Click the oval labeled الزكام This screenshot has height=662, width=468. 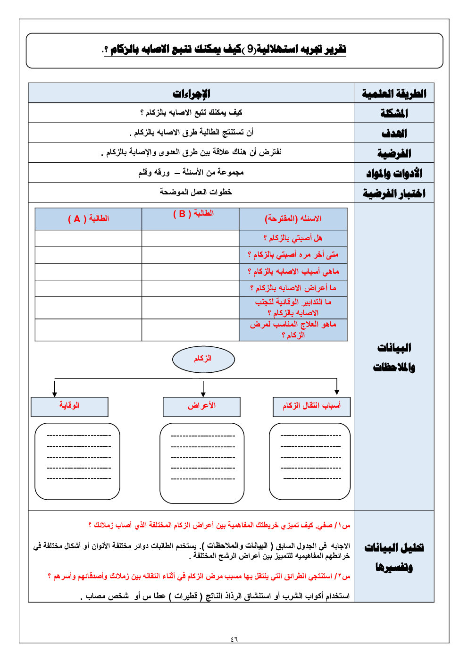coord(203,359)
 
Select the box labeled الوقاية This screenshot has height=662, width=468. coord(69,406)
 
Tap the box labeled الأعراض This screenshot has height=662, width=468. coord(201,406)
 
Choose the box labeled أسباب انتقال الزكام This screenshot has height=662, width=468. coord(311,406)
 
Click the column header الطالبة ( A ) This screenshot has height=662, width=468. coord(88,219)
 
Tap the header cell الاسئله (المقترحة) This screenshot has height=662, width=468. coord(293,219)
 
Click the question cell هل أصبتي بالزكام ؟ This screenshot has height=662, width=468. coord(293,238)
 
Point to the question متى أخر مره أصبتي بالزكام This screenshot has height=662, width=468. coord(293,255)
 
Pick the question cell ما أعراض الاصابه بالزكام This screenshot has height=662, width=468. coord(293,288)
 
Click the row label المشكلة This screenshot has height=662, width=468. coord(394,113)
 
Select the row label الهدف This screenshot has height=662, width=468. coord(394,134)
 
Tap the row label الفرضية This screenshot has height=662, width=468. coord(394,153)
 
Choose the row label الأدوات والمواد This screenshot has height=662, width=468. coord(394,174)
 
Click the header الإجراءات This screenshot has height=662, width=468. coord(191,93)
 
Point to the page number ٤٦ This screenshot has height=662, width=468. coord(234,639)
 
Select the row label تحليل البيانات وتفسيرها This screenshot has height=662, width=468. coord(394,557)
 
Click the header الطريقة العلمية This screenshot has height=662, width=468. coord(394,93)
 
